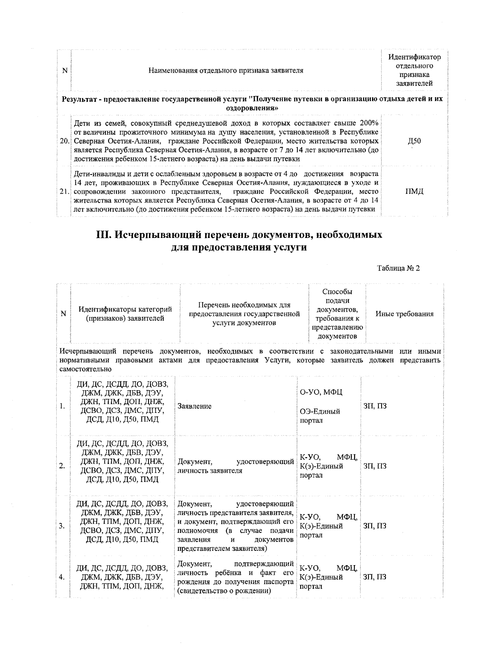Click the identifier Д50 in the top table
click(414, 141)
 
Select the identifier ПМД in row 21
click(414, 192)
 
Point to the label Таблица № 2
click(398, 268)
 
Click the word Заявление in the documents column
click(195, 406)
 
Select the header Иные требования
click(404, 314)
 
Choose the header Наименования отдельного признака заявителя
click(226, 71)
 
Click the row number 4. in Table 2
click(62, 577)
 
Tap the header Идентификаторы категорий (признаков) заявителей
click(125, 314)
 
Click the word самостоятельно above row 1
click(85, 369)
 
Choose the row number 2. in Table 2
click(62, 466)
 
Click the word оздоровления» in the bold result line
click(252, 108)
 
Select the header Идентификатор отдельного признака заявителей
click(414, 71)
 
